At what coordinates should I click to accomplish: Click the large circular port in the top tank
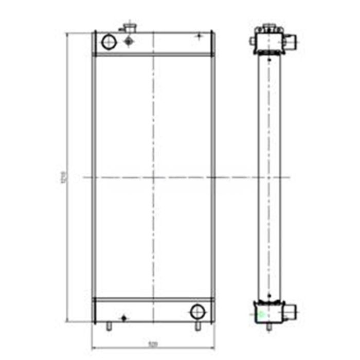109,42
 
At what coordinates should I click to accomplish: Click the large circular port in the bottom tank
197,311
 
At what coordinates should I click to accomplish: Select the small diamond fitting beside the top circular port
129,42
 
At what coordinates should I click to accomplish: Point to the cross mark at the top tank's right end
200,36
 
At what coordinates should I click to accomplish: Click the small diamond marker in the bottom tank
123,318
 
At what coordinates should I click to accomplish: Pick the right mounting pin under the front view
198,326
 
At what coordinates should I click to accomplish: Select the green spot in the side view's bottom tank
260,313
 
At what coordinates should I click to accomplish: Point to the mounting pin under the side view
267,326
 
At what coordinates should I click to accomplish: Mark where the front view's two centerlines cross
153,177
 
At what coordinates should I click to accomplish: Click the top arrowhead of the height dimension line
68,33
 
